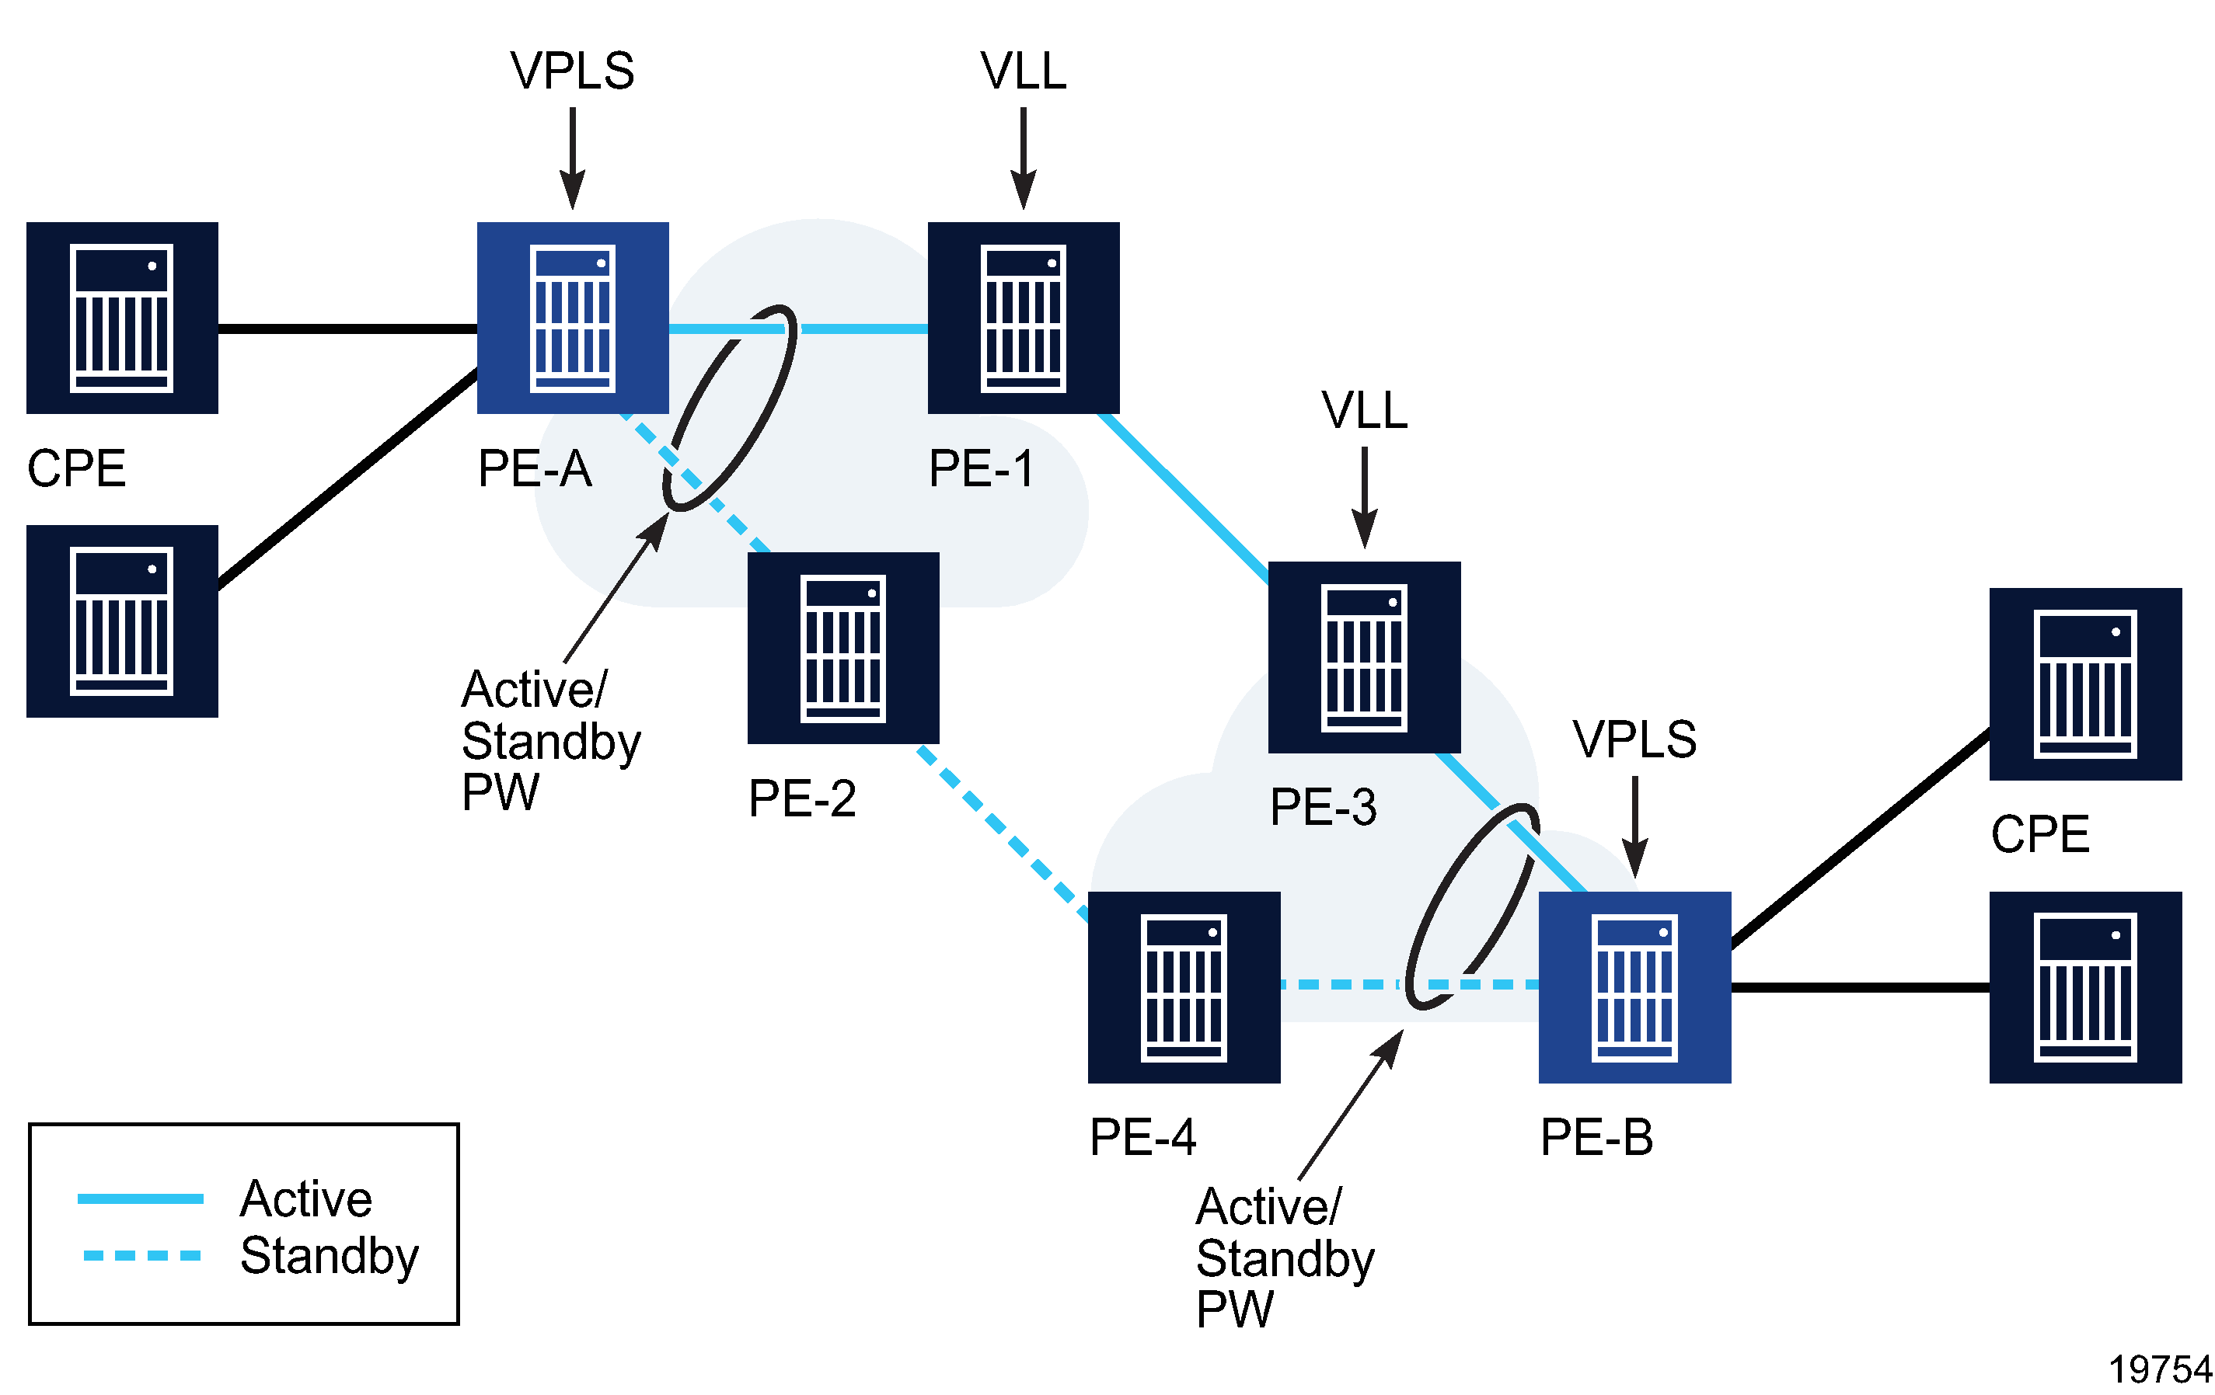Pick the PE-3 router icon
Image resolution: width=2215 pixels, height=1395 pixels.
[x=1363, y=656]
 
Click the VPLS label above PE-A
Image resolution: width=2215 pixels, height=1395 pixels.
[x=572, y=71]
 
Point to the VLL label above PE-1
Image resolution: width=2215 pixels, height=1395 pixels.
[x=1023, y=71]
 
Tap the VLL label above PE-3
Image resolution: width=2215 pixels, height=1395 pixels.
[x=1363, y=410]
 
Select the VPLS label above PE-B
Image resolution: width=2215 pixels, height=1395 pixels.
[x=1634, y=739]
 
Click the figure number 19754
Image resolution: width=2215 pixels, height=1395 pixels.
[x=2158, y=1369]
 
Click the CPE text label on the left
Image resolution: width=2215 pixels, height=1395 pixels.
[x=76, y=468]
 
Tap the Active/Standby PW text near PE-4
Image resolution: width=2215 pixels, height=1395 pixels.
[x=1284, y=1256]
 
